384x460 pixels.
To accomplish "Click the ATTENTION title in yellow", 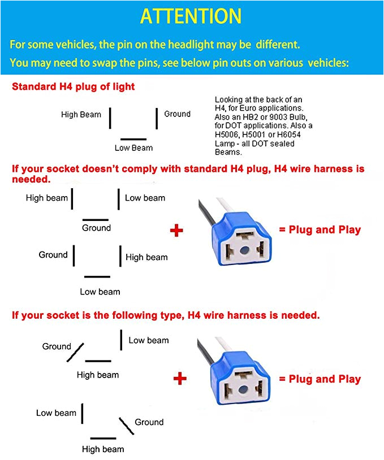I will (x=191, y=16).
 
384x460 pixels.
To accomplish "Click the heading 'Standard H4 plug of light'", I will (x=74, y=87).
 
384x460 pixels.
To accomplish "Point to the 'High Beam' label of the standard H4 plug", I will (x=81, y=115).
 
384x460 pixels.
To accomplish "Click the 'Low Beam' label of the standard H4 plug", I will (x=133, y=148).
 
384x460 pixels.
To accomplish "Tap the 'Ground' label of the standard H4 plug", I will (x=177, y=114).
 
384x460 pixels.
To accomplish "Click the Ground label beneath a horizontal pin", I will (x=96, y=228).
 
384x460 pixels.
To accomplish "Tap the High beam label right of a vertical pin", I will (x=146, y=257).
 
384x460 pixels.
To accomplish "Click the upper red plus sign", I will (x=177, y=230).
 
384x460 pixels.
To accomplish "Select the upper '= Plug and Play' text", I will (x=320, y=230).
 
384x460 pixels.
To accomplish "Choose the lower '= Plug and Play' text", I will (x=320, y=379).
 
